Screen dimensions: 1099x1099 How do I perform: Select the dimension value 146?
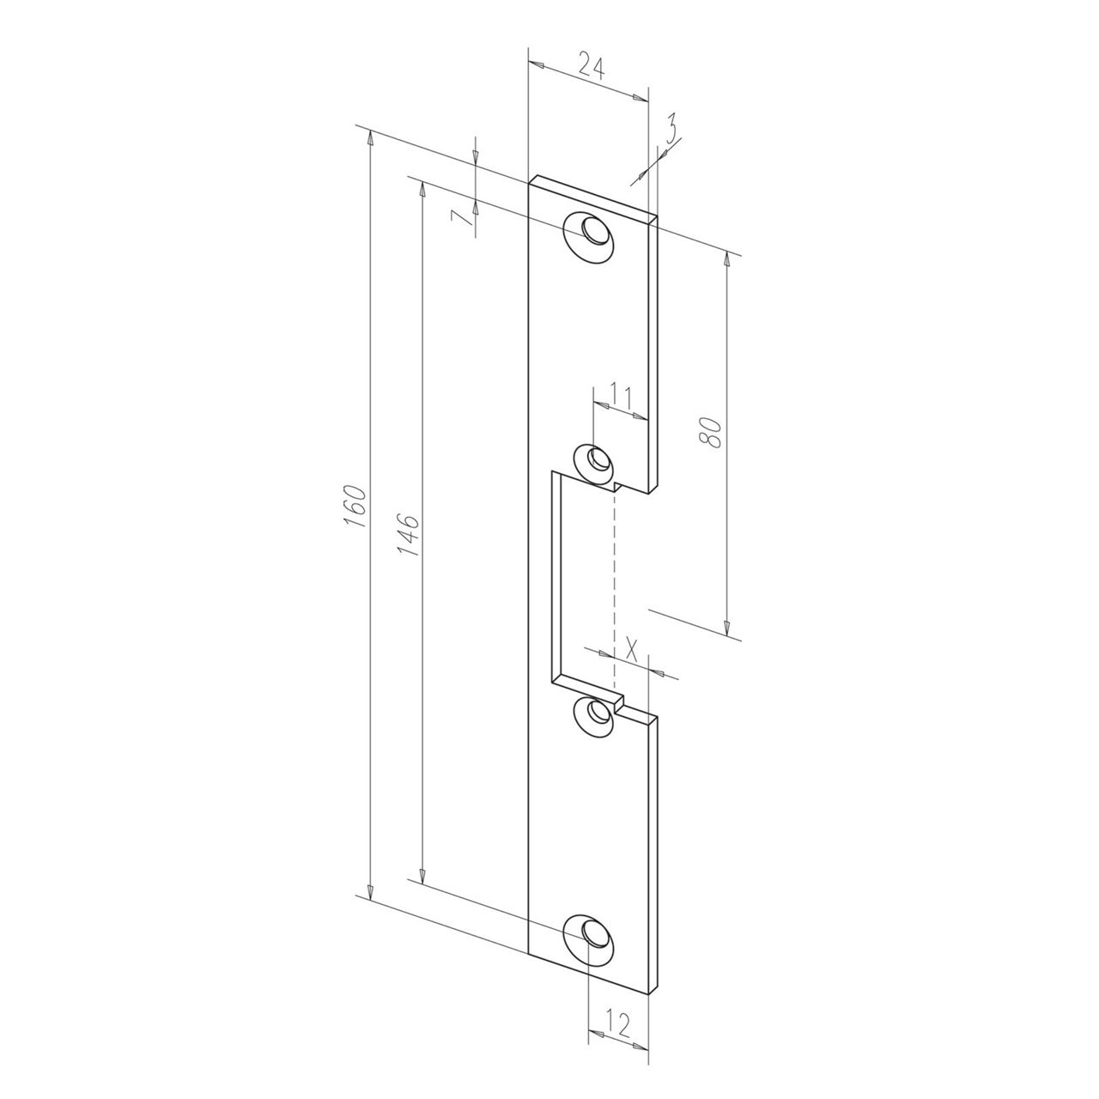point(410,535)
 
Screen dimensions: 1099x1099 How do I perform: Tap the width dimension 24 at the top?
point(590,65)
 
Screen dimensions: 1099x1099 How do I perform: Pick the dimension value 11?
point(620,397)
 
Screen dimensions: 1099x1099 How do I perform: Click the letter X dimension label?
point(631,646)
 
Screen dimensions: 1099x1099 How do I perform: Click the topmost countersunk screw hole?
point(592,233)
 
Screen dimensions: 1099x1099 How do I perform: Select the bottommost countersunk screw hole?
point(591,932)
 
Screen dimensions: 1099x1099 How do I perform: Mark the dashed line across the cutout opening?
point(615,584)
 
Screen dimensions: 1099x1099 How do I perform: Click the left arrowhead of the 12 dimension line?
point(593,1037)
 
